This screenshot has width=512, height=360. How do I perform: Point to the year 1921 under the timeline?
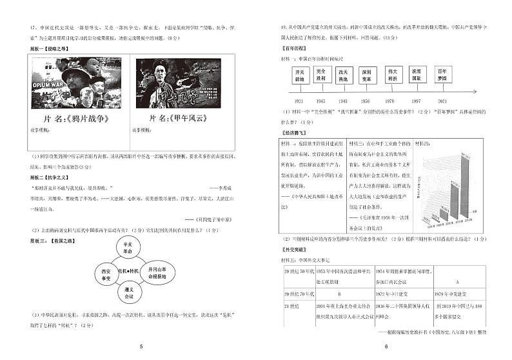click(299, 101)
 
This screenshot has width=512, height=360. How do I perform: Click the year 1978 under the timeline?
click(391, 101)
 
